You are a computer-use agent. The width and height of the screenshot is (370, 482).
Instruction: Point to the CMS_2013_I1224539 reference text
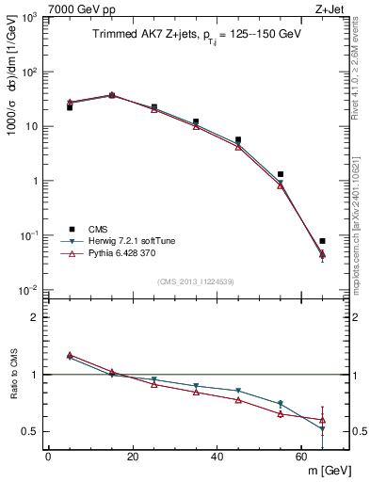197,280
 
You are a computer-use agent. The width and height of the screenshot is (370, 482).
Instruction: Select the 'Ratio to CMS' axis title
14,374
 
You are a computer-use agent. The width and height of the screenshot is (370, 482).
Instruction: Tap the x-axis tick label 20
133,457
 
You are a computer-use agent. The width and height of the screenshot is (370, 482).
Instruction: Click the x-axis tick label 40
217,457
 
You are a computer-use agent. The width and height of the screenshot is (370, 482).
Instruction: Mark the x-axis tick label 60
301,457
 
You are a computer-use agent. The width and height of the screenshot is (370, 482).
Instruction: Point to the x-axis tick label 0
48,457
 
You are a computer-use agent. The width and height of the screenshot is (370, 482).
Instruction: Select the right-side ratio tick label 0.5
359,431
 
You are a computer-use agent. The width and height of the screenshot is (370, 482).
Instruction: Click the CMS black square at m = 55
281,174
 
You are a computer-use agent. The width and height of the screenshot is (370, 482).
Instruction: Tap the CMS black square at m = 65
323,241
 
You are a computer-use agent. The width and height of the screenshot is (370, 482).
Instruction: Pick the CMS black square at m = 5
70,107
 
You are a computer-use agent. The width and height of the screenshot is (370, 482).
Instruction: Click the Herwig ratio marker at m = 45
238,391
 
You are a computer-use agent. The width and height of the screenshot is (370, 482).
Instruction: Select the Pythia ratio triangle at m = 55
281,414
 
